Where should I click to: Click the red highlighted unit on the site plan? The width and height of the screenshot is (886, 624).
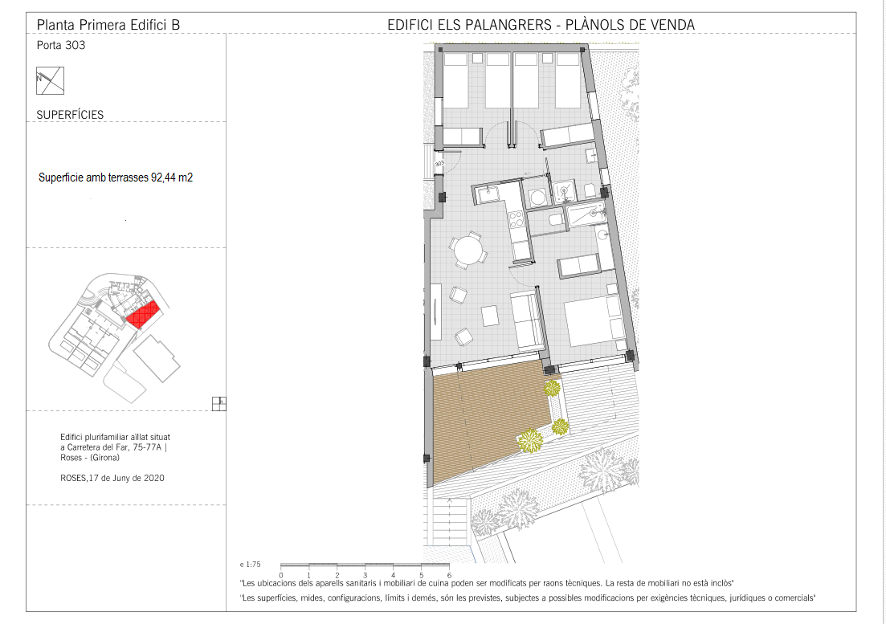pos(144,315)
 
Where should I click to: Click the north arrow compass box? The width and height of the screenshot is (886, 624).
pos(51,81)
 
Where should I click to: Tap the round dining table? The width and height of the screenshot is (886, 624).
pos(468,250)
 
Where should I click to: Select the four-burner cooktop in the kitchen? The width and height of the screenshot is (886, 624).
pos(516,218)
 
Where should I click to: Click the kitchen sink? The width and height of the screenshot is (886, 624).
pos(487,194)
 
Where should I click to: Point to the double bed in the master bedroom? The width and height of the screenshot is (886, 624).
pos(594,319)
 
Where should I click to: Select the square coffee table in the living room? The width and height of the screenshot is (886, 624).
pos(490,316)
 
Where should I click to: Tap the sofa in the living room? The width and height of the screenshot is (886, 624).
pos(527,320)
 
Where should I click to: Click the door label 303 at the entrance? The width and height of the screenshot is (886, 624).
pos(439,164)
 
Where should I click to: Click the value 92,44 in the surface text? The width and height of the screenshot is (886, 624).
pos(163,177)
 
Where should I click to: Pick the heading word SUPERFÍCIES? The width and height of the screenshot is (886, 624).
pos(70,115)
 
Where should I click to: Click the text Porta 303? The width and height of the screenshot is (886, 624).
pos(61,45)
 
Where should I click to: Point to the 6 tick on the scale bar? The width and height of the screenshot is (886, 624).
pos(449,566)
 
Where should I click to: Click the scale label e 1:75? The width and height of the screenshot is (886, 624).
pos(251,564)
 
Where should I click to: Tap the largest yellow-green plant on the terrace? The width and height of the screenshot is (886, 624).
pos(530,440)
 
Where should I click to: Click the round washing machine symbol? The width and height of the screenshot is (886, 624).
pos(538,198)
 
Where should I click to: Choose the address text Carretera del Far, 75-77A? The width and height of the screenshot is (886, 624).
pos(114,447)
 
